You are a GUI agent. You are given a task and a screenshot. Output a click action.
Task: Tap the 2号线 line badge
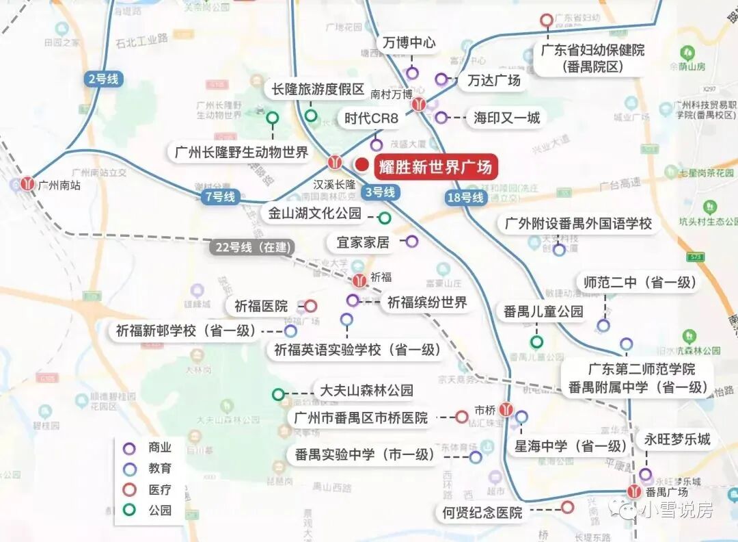click(x=103, y=79)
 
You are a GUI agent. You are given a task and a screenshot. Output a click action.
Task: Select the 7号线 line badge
click(x=219, y=197)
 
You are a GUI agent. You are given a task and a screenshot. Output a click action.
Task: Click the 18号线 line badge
click(x=465, y=198)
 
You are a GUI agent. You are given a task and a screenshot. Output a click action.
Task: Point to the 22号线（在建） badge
click(x=251, y=248)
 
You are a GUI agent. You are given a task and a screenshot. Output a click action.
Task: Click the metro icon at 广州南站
click(x=27, y=183)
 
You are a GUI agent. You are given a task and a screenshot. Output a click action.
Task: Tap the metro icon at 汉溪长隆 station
click(x=335, y=163)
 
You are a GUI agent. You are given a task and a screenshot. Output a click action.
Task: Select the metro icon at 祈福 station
click(x=359, y=279)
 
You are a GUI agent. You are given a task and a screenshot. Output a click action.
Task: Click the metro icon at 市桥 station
click(x=506, y=409)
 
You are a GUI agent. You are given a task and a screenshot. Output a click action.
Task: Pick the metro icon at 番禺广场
click(x=635, y=491)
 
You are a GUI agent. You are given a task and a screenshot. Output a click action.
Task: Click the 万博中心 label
click(x=409, y=43)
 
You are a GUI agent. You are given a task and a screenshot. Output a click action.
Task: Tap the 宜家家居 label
click(x=363, y=242)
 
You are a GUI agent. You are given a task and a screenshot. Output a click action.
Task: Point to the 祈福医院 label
click(x=261, y=307)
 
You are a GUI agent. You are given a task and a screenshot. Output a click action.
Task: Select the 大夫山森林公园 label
click(x=367, y=391)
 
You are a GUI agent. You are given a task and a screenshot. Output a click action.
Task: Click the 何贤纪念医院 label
click(x=482, y=512)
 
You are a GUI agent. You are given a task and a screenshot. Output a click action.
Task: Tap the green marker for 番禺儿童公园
click(x=537, y=341)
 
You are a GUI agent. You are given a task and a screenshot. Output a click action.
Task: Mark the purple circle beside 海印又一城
click(x=441, y=118)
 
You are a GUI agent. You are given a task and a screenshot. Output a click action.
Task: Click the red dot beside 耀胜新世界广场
click(x=361, y=165)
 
